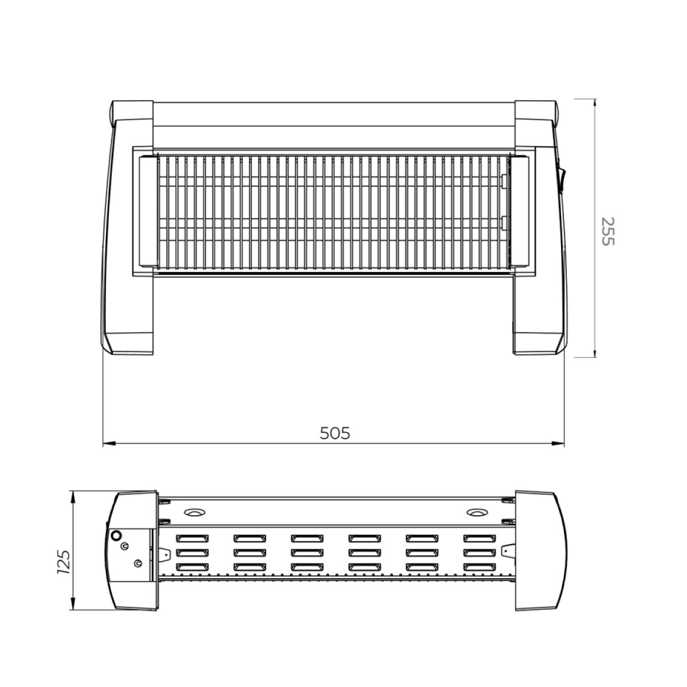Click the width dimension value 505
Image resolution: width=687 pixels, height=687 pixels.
335,433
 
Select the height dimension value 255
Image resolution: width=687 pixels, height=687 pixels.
607,231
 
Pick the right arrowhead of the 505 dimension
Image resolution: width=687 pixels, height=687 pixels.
558,444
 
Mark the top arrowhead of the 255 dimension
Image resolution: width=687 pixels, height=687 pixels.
594,104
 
